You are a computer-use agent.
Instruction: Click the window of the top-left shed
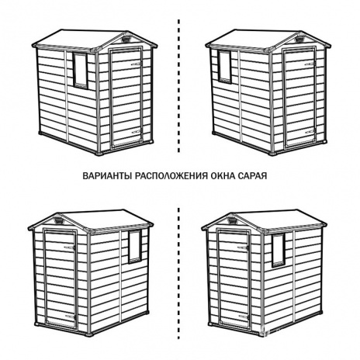(80, 71)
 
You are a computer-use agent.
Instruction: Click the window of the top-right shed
(224, 67)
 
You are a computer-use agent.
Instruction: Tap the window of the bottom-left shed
(135, 247)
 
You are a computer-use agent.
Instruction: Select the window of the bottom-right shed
(279, 250)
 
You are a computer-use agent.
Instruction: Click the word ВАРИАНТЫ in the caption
(108, 175)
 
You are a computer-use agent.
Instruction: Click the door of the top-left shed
(126, 98)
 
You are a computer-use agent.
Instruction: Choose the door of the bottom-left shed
(61, 279)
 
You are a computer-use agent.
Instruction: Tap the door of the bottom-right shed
(234, 279)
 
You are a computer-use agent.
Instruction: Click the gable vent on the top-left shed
(126, 40)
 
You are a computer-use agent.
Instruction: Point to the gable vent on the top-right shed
(299, 40)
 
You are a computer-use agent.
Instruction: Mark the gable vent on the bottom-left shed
(59, 221)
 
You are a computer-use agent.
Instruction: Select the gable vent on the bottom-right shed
(233, 221)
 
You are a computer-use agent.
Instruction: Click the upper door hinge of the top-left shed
(137, 64)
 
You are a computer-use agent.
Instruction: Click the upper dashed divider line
(178, 86)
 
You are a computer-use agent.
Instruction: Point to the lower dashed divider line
(178, 273)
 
